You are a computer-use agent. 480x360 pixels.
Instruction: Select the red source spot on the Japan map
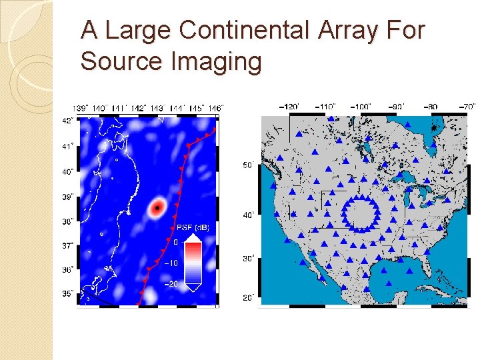157,208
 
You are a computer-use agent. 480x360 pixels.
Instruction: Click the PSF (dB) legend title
192,228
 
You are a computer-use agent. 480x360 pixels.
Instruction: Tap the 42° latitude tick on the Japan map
67,121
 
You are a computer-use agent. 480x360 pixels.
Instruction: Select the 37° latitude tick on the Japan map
67,246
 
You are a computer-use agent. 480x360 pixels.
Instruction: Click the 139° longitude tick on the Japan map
81,107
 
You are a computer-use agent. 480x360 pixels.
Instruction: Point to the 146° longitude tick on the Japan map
215,107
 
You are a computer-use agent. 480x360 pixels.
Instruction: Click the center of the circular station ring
361,213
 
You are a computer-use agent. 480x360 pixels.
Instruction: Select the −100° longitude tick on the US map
361,106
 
